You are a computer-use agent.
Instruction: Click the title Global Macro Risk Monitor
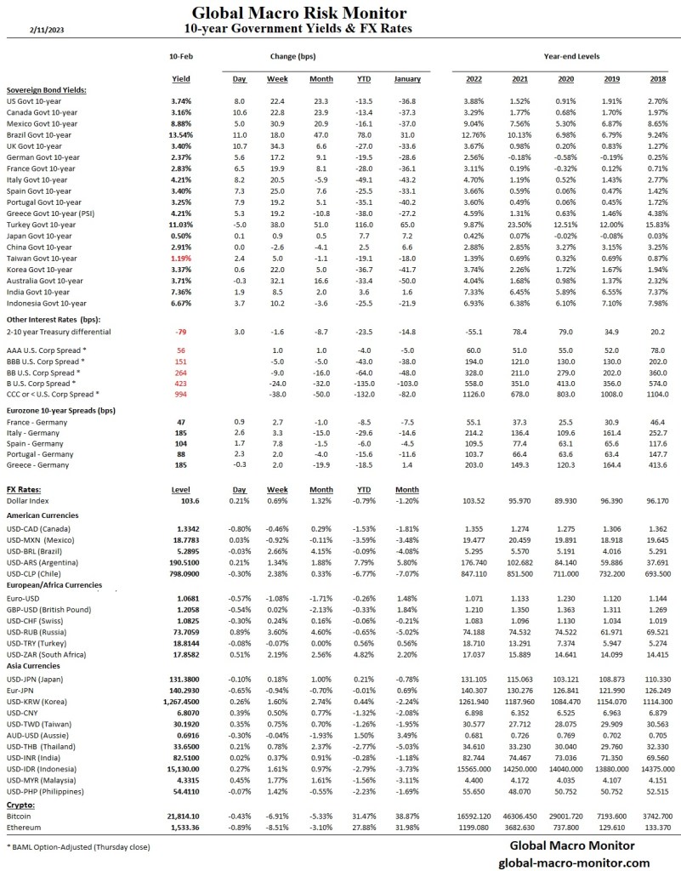point(298,13)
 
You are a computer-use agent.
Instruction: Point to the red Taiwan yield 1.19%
point(181,257)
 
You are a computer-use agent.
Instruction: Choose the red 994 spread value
point(180,393)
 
